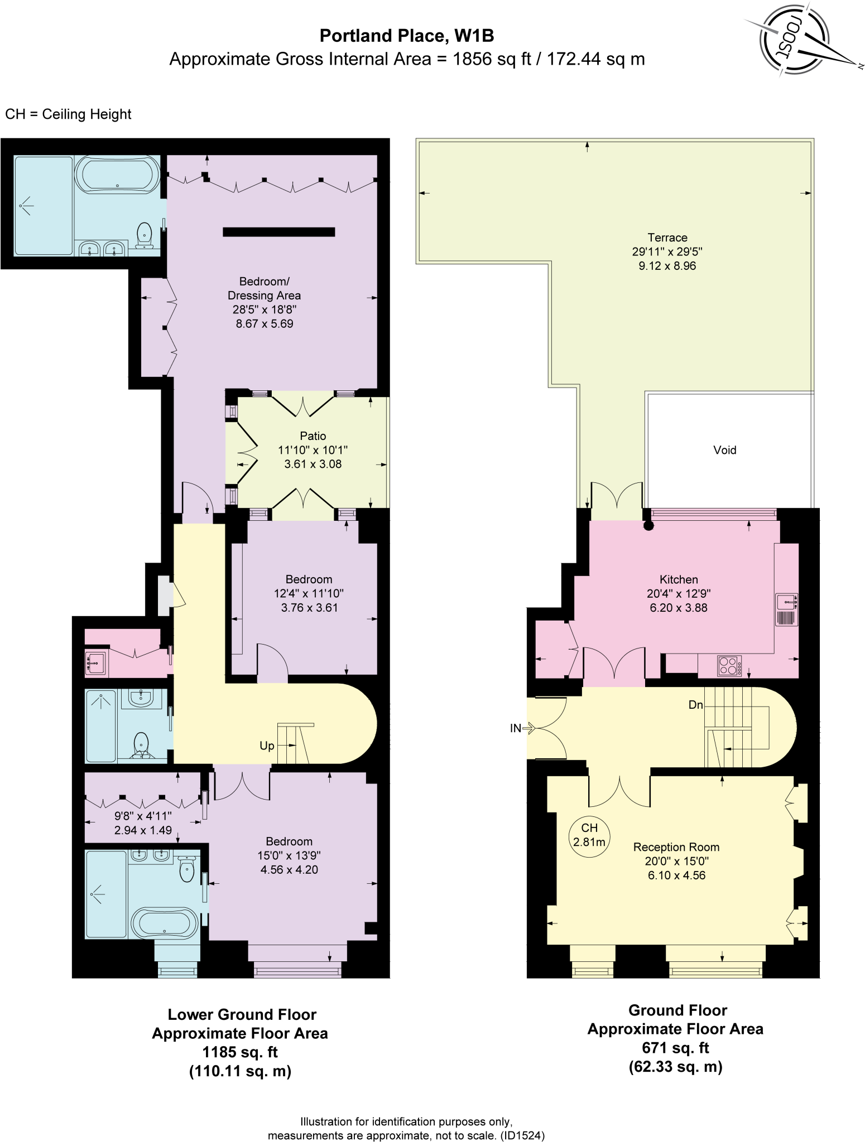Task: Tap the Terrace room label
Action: point(667,238)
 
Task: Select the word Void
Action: point(724,450)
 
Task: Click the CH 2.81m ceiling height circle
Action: point(589,835)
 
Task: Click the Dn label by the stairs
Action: point(695,705)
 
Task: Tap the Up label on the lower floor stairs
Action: point(267,746)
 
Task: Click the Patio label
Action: point(313,436)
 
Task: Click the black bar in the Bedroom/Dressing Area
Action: point(278,232)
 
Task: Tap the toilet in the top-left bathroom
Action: point(145,235)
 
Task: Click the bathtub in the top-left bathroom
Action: point(117,174)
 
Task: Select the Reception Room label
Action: point(676,847)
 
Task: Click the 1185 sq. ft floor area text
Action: point(240,1052)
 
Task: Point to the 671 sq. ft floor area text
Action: point(675,1048)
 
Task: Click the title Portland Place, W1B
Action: point(406,36)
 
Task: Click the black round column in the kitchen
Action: point(648,525)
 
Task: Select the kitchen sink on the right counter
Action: point(786,602)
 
